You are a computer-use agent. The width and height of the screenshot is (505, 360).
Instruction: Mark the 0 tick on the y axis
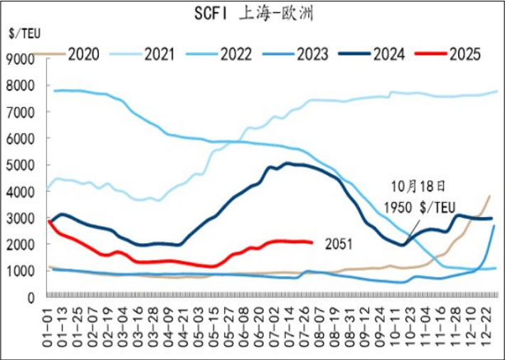[31, 297]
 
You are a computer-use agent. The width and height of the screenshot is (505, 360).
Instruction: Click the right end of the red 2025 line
[311, 243]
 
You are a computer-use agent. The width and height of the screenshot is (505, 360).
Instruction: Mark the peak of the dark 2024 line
[287, 163]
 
